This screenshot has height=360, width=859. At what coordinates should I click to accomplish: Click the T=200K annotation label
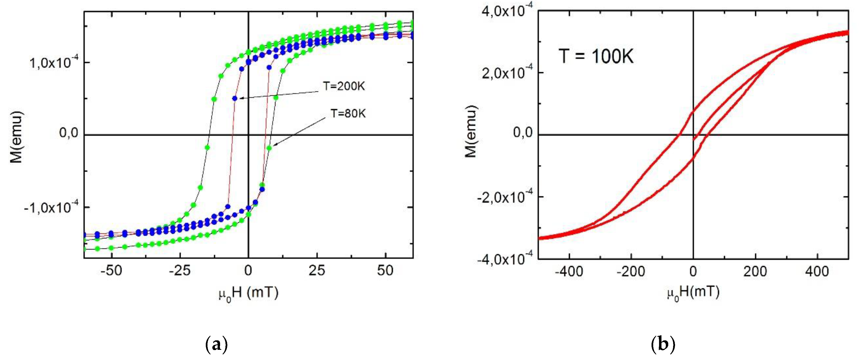coord(344,86)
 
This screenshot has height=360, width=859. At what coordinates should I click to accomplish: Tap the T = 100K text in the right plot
coord(596,56)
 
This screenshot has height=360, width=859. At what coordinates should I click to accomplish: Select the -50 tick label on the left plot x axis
coord(111,271)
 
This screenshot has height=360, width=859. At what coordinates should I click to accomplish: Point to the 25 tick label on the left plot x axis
coord(317,271)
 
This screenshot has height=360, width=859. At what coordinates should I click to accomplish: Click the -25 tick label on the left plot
coord(180,271)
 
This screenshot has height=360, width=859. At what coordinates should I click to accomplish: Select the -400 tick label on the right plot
coord(569,272)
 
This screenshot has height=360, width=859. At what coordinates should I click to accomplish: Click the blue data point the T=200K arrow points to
coord(235,98)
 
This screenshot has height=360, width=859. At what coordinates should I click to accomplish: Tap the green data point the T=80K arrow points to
coord(270,148)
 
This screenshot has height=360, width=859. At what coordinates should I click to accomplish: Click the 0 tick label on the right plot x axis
coord(693,272)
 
